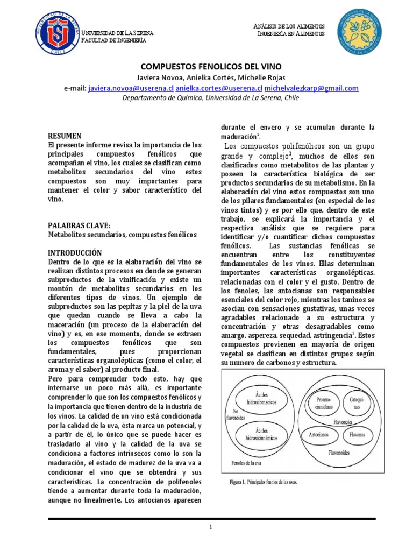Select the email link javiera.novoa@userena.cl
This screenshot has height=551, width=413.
click(x=131, y=88)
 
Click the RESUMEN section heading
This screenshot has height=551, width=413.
click(x=65, y=136)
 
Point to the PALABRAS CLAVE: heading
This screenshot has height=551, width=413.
click(x=79, y=225)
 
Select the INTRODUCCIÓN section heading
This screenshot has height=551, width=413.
click(x=75, y=252)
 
